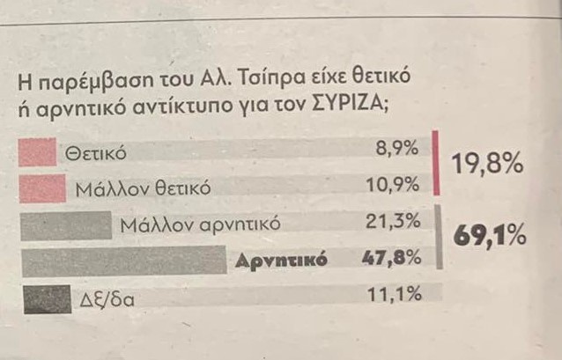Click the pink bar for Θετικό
pos(37,153)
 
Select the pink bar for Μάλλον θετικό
pos(41,187)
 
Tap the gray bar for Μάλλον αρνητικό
pos(64,225)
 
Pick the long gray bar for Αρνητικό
pos(122,261)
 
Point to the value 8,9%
pos(396,150)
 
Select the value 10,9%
pos(393,185)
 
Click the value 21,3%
pos(394,222)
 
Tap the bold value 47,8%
pos(391,259)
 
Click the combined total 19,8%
pos(487,164)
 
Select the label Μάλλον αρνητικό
pos(201,224)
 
